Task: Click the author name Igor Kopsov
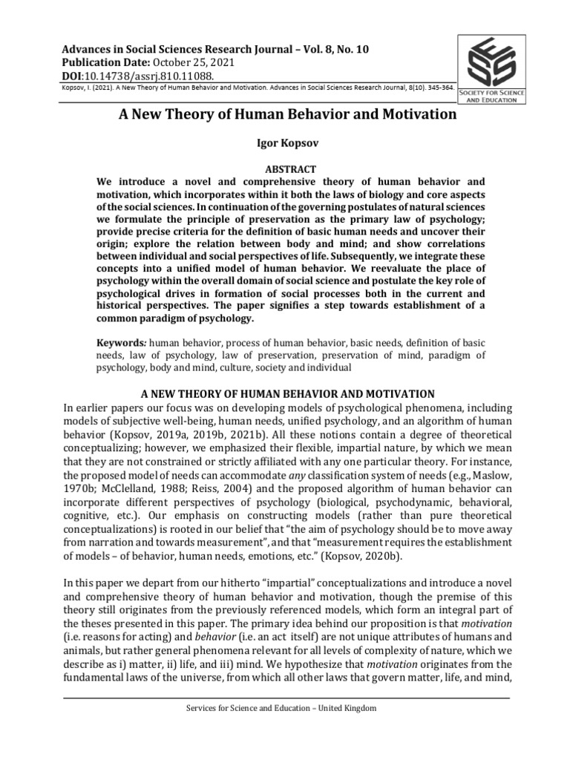click(286, 140)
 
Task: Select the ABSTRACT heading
click(285, 169)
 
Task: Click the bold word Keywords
click(122, 344)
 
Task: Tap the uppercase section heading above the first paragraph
click(285, 393)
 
